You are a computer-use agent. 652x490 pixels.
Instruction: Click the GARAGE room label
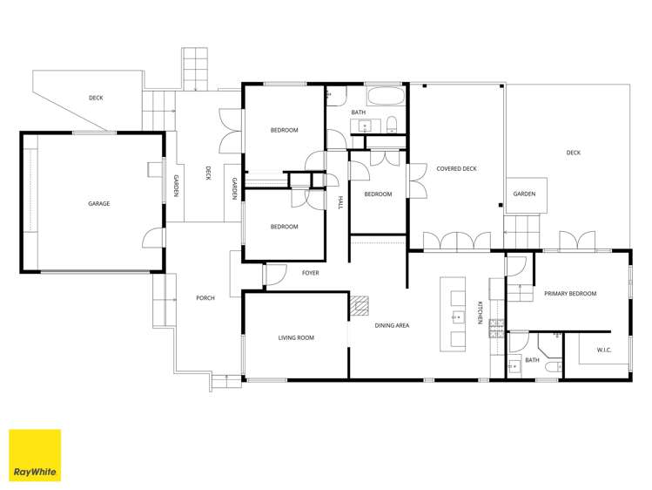pyautogui.click(x=99, y=203)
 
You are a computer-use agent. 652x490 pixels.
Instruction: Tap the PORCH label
pyautogui.click(x=205, y=298)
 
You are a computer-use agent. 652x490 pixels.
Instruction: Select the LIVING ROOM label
pyautogui.click(x=296, y=337)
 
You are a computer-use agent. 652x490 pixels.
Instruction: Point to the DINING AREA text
pyautogui.click(x=392, y=325)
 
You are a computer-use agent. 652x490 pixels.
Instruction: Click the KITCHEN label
pyautogui.click(x=480, y=313)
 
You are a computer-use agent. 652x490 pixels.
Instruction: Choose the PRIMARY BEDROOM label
pyautogui.click(x=570, y=294)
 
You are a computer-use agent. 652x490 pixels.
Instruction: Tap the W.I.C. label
pyautogui.click(x=604, y=350)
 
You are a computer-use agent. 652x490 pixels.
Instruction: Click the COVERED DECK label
pyautogui.click(x=456, y=168)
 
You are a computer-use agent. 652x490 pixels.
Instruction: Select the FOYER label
pyautogui.click(x=310, y=273)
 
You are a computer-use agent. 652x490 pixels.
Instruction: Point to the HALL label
pyautogui.click(x=341, y=202)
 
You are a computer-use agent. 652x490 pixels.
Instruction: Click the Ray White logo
pyautogui.click(x=35, y=455)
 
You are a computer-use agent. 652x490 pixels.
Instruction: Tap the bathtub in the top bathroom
pyautogui.click(x=386, y=97)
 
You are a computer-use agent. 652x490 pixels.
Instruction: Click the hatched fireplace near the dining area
pyautogui.click(x=360, y=305)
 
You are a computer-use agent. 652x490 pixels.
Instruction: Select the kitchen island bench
pyautogui.click(x=453, y=315)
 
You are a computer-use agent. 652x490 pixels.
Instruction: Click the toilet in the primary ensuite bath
pyautogui.click(x=554, y=368)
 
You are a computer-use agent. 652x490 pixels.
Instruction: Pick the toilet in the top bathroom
pyautogui.click(x=392, y=125)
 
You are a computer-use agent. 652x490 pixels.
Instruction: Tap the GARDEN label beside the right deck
pyautogui.click(x=524, y=194)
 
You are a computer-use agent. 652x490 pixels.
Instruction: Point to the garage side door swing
pyautogui.click(x=154, y=238)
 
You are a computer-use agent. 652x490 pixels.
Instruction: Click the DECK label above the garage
pyautogui.click(x=96, y=98)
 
